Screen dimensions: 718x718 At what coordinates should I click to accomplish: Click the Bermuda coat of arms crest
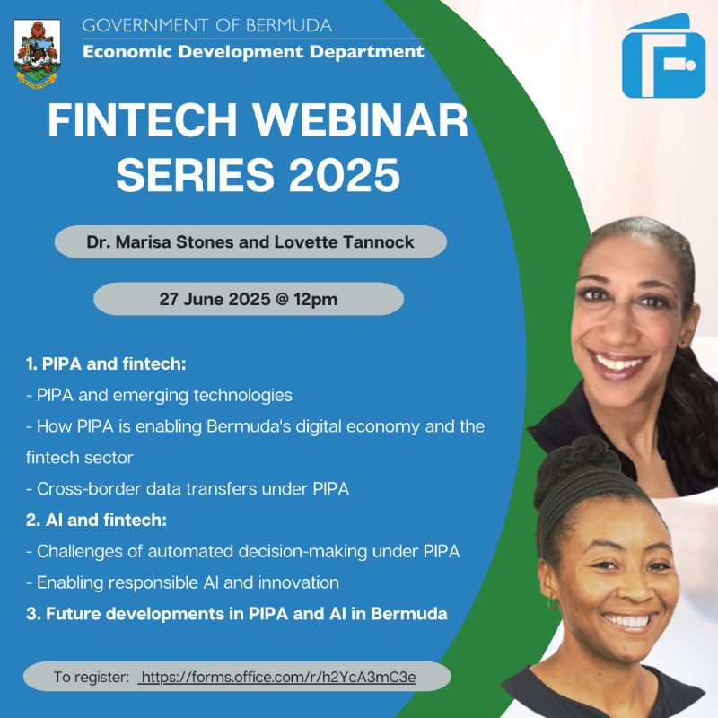(38, 51)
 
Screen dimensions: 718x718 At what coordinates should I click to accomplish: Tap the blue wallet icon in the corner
(663, 57)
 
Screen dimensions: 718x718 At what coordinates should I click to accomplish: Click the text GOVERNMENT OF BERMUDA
(207, 25)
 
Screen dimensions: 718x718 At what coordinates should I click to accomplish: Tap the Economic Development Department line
(253, 51)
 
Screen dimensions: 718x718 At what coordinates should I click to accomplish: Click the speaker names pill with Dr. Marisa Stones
(250, 242)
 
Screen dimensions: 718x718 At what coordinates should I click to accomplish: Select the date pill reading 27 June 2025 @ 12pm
(249, 299)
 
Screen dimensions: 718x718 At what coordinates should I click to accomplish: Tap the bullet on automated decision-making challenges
(243, 551)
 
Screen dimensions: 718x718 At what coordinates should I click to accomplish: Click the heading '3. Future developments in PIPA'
(237, 614)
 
